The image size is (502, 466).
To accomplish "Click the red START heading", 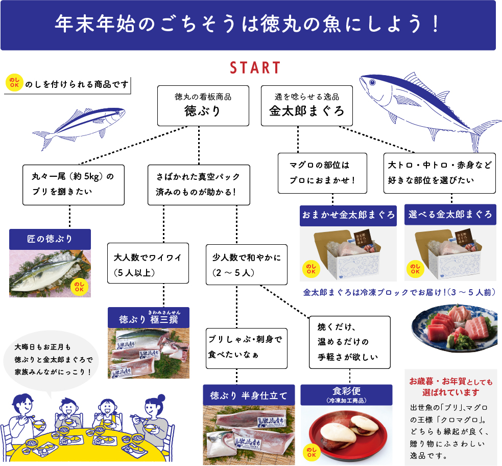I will [x=255, y=68].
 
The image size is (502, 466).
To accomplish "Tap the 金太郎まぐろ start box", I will [x=307, y=105].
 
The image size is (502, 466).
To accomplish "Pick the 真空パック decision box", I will [x=199, y=185].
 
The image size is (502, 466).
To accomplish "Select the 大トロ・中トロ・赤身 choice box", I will [x=439, y=173].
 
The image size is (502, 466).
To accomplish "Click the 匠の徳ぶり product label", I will [x=50, y=239].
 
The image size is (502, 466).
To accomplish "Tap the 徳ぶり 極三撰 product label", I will [x=149, y=319].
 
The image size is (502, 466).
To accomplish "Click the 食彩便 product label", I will [x=346, y=394].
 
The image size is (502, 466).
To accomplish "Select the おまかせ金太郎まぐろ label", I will [x=348, y=215].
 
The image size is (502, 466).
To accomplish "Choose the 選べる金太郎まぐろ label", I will [x=450, y=215].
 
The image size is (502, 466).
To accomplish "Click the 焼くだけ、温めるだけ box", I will [x=350, y=341].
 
